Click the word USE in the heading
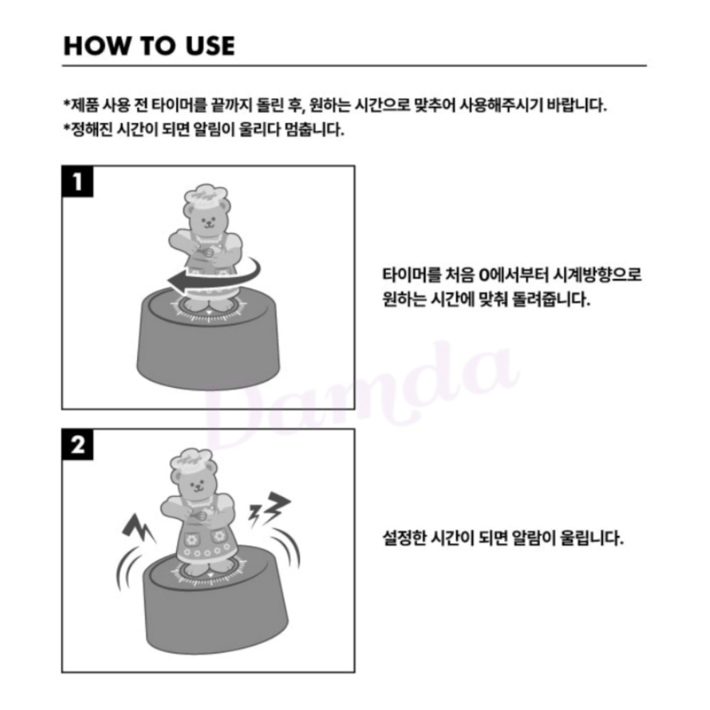pyautogui.click(x=210, y=45)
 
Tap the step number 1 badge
pyautogui.click(x=77, y=182)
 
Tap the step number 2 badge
pyautogui.click(x=77, y=444)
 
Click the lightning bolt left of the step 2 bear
pyautogui.click(x=138, y=528)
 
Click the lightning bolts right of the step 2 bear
pyautogui.click(x=269, y=508)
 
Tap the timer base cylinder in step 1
pyautogui.click(x=208, y=339)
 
